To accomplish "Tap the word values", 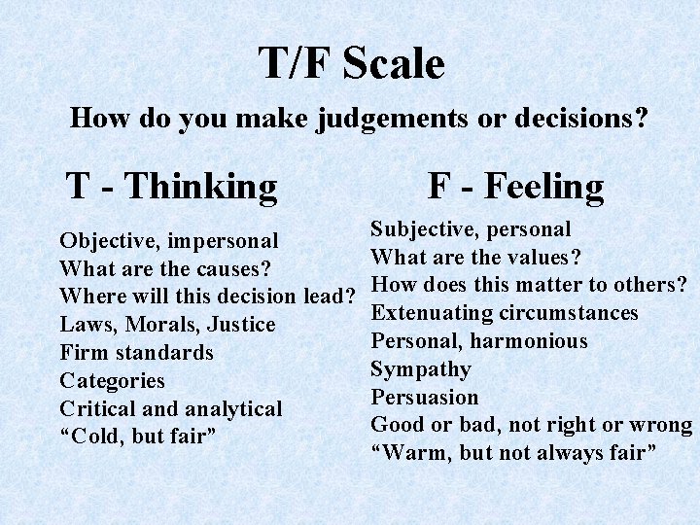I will pos(546,258).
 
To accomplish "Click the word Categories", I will pos(112,380).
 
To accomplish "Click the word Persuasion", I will pos(425,397).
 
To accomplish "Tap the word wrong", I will pos(660,425).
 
